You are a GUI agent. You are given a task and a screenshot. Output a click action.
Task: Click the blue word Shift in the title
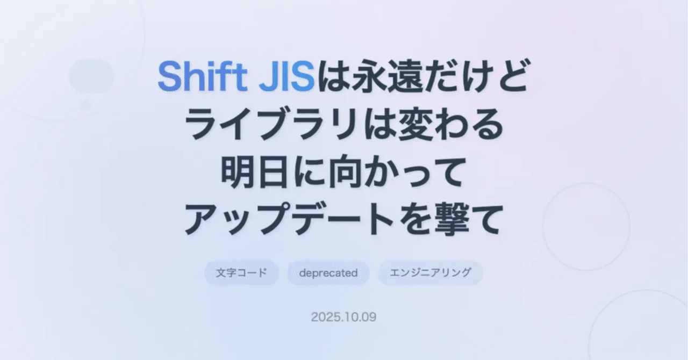tap(197, 76)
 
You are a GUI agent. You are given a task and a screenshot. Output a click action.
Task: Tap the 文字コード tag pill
tap(241, 272)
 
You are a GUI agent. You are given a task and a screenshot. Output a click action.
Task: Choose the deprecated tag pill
tap(328, 272)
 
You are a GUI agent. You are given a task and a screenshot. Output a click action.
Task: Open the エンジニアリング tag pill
tap(430, 272)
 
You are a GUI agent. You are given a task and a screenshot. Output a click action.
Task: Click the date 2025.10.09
tap(343, 317)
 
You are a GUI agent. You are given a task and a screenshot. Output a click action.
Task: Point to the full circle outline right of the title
tap(586, 226)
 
